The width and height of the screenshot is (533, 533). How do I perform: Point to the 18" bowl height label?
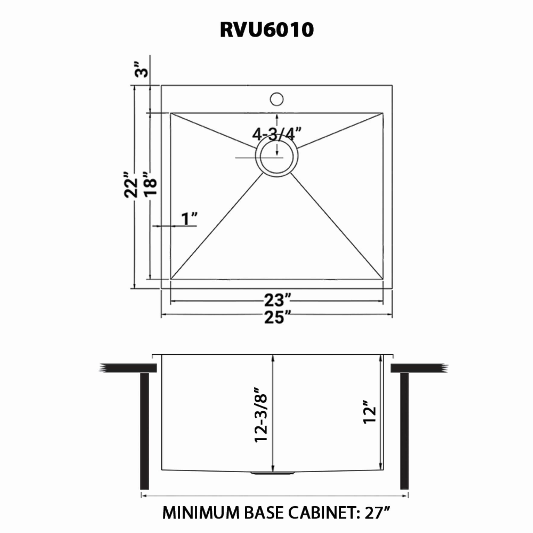pyautogui.click(x=151, y=184)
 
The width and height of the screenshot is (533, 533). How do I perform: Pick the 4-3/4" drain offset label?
pyautogui.click(x=277, y=134)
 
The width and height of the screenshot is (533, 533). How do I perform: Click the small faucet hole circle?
pyautogui.click(x=277, y=99)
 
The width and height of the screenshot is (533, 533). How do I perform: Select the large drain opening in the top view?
pyautogui.click(x=277, y=157)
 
